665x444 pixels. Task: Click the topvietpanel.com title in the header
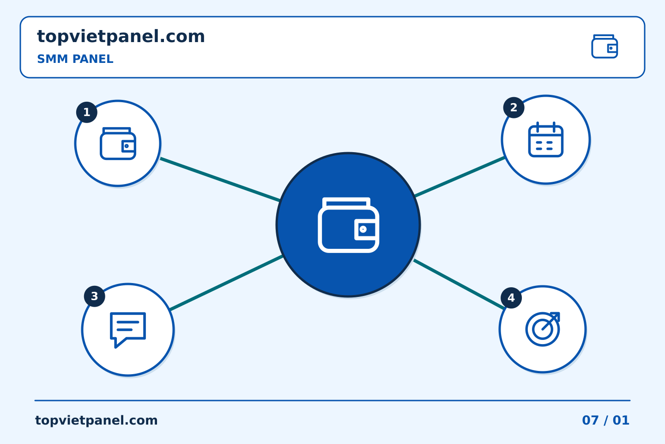click(121, 37)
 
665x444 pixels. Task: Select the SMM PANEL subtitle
click(75, 59)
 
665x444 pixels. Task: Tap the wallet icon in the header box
click(605, 46)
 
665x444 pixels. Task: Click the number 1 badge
click(87, 112)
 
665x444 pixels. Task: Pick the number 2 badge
click(514, 108)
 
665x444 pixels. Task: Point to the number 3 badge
click(94, 296)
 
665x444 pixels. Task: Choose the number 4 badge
click(511, 298)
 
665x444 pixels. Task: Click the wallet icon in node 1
click(118, 144)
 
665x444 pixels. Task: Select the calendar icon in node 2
click(546, 139)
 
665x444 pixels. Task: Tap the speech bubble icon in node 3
click(128, 330)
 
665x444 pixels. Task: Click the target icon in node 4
click(543, 329)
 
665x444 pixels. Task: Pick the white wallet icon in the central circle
click(348, 225)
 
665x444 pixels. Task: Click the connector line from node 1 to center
click(220, 179)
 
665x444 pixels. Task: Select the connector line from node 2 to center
click(459, 177)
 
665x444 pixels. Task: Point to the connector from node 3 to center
click(226, 283)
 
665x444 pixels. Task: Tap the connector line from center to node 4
click(459, 284)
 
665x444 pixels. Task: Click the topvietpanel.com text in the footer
click(96, 420)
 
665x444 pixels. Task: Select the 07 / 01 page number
click(605, 420)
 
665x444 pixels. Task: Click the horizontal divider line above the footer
click(332, 401)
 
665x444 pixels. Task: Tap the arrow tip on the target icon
click(559, 313)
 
